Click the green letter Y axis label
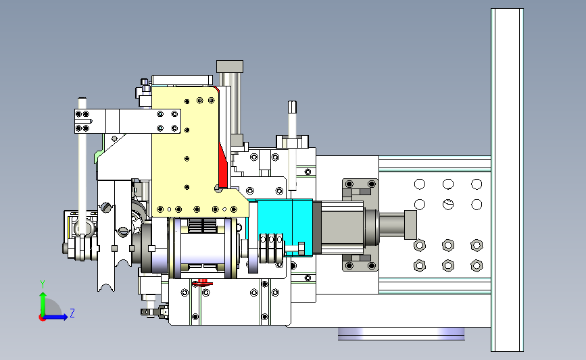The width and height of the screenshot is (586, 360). [x=43, y=284]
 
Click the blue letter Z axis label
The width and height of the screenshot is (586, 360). [x=72, y=313]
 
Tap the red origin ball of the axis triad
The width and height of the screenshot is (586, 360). [x=42, y=318]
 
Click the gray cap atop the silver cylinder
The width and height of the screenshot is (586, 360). [x=230, y=66]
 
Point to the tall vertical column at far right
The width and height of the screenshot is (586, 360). [x=507, y=180]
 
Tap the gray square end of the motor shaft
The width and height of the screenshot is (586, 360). [x=410, y=224]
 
